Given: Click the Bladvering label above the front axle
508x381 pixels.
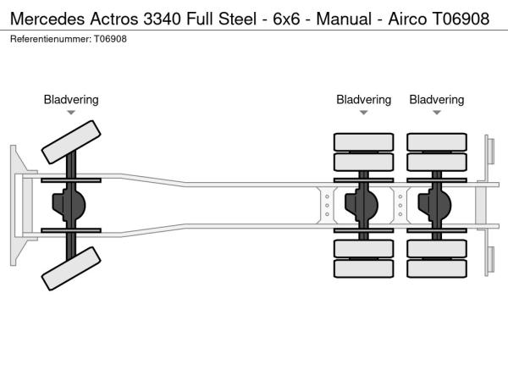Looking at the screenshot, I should pyautogui.click(x=71, y=100).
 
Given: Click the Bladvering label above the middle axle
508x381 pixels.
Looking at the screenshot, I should pyautogui.click(x=363, y=100).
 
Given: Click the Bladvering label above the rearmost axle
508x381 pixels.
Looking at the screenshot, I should pyautogui.click(x=437, y=100).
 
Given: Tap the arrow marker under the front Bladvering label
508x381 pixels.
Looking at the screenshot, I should pyautogui.click(x=71, y=113).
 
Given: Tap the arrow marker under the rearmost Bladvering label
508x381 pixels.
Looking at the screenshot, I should pyautogui.click(x=437, y=113).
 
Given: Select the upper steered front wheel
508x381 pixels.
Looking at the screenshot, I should pyautogui.click(x=71, y=142).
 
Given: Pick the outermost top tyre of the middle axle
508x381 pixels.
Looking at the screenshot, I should pyautogui.click(x=363, y=141).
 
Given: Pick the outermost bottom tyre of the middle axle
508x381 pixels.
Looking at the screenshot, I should pyautogui.click(x=363, y=269).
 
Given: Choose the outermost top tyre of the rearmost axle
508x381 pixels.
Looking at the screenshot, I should pyautogui.click(x=437, y=141).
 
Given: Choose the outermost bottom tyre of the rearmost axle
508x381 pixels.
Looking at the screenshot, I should pyautogui.click(x=437, y=269).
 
